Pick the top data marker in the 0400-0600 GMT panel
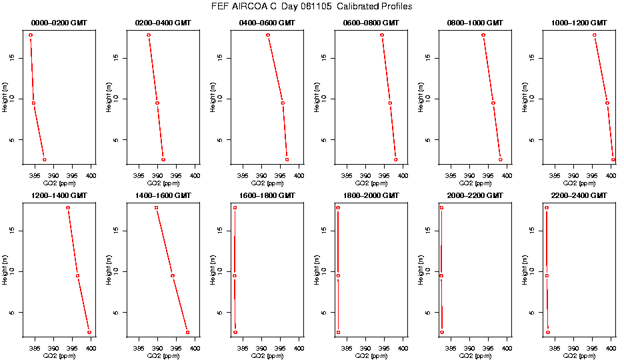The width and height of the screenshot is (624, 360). [268, 35]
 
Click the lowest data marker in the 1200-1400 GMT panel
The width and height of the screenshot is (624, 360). [89, 332]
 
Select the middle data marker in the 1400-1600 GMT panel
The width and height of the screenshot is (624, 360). [173, 275]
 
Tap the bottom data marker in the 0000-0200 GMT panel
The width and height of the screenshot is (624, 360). [45, 160]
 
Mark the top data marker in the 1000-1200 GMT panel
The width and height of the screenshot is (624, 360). [595, 35]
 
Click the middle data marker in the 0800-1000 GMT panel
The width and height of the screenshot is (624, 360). [493, 103]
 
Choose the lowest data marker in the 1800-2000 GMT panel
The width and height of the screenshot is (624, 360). [338, 332]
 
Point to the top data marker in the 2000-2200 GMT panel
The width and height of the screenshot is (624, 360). [441, 207]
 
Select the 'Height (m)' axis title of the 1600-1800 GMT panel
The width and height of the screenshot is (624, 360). [213, 270]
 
